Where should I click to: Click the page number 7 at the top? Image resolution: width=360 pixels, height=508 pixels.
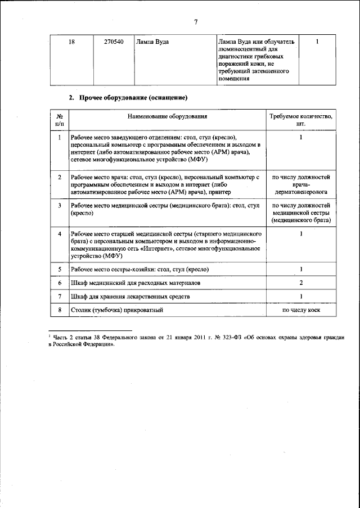[x=196, y=22]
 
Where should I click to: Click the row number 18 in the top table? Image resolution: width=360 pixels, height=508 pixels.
[x=71, y=42]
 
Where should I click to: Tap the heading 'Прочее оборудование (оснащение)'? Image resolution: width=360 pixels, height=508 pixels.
[x=133, y=98]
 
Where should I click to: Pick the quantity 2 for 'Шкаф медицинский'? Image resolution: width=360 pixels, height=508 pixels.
[x=301, y=283]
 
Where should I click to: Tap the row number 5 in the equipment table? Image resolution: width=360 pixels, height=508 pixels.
[x=60, y=269]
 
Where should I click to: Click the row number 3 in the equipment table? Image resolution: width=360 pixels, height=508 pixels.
[x=60, y=206]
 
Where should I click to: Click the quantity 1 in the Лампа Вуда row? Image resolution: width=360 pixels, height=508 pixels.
[x=317, y=42]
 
